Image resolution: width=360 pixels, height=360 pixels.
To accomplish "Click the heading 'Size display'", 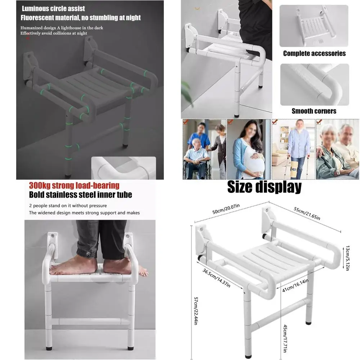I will (264, 187).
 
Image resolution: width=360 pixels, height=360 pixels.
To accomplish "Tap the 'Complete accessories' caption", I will (314, 54).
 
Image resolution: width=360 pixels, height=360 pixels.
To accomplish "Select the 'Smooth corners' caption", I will (314, 111).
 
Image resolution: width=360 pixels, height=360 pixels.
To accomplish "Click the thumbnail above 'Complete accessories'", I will (314, 26).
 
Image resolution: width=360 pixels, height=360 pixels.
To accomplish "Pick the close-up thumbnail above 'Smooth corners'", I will (314, 85).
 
